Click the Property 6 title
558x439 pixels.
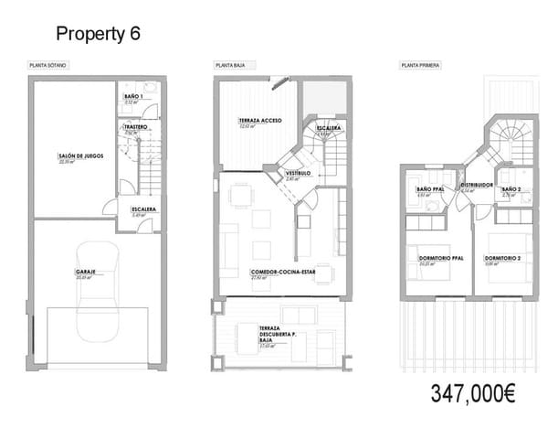point(98,34)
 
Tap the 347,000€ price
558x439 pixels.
point(473,395)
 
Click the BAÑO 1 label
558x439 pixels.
point(133,97)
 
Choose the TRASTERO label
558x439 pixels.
point(136,128)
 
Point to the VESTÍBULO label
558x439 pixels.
point(299,173)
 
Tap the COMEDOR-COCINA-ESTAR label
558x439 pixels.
point(283,273)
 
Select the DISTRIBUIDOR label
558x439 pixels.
point(477,185)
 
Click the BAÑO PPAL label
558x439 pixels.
point(429,189)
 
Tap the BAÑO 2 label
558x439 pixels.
point(511,189)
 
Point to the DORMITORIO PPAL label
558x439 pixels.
point(441,259)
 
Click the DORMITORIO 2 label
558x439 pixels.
point(503,259)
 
